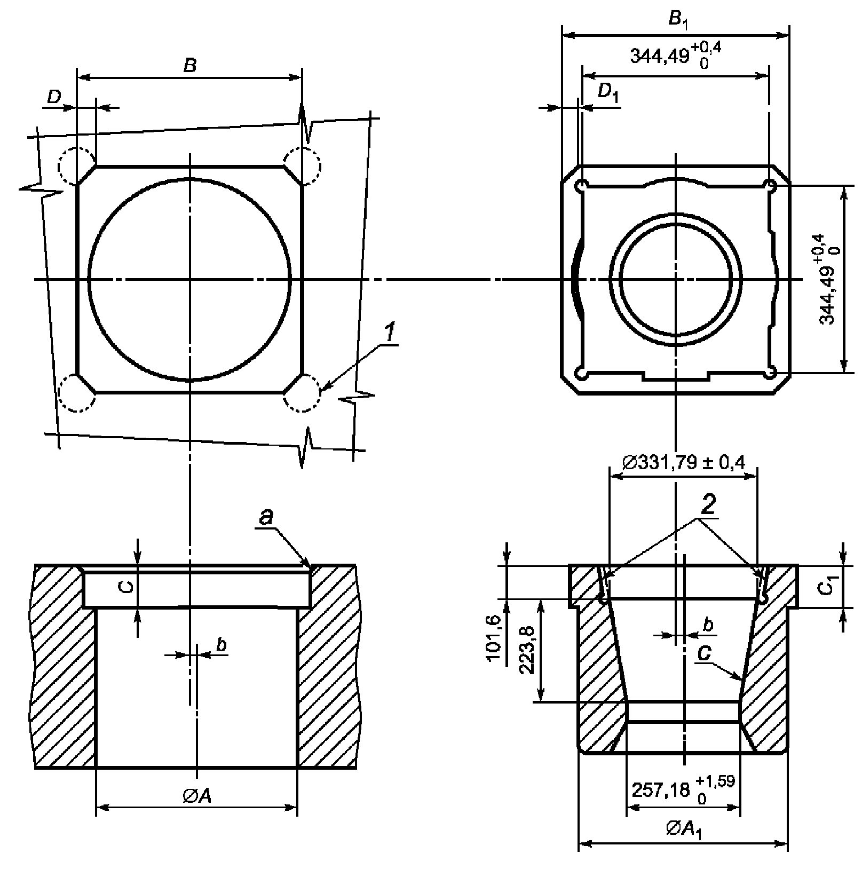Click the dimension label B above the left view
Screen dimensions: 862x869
click(x=189, y=66)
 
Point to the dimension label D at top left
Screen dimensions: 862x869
click(x=54, y=97)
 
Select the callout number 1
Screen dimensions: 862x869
click(x=390, y=334)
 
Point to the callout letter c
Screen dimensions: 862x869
click(x=705, y=655)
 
